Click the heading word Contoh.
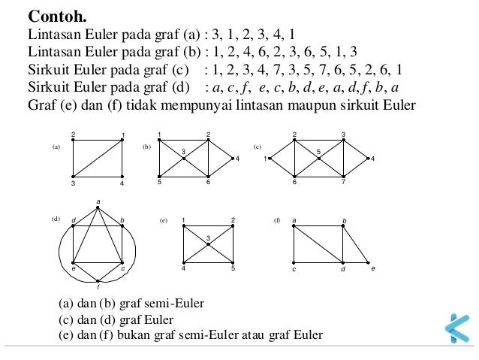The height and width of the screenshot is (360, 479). (x=57, y=17)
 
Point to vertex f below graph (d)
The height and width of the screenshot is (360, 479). (x=98, y=280)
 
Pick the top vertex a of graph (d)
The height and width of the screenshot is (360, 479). (x=98, y=207)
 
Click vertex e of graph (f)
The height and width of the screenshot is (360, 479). (x=368, y=262)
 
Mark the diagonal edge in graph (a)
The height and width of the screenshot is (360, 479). (x=98, y=159)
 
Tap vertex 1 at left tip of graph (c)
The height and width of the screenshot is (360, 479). (x=270, y=159)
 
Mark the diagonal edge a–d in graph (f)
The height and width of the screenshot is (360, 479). (x=318, y=244)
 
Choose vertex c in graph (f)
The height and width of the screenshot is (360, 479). (x=294, y=262)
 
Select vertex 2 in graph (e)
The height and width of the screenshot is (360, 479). (x=233, y=225)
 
